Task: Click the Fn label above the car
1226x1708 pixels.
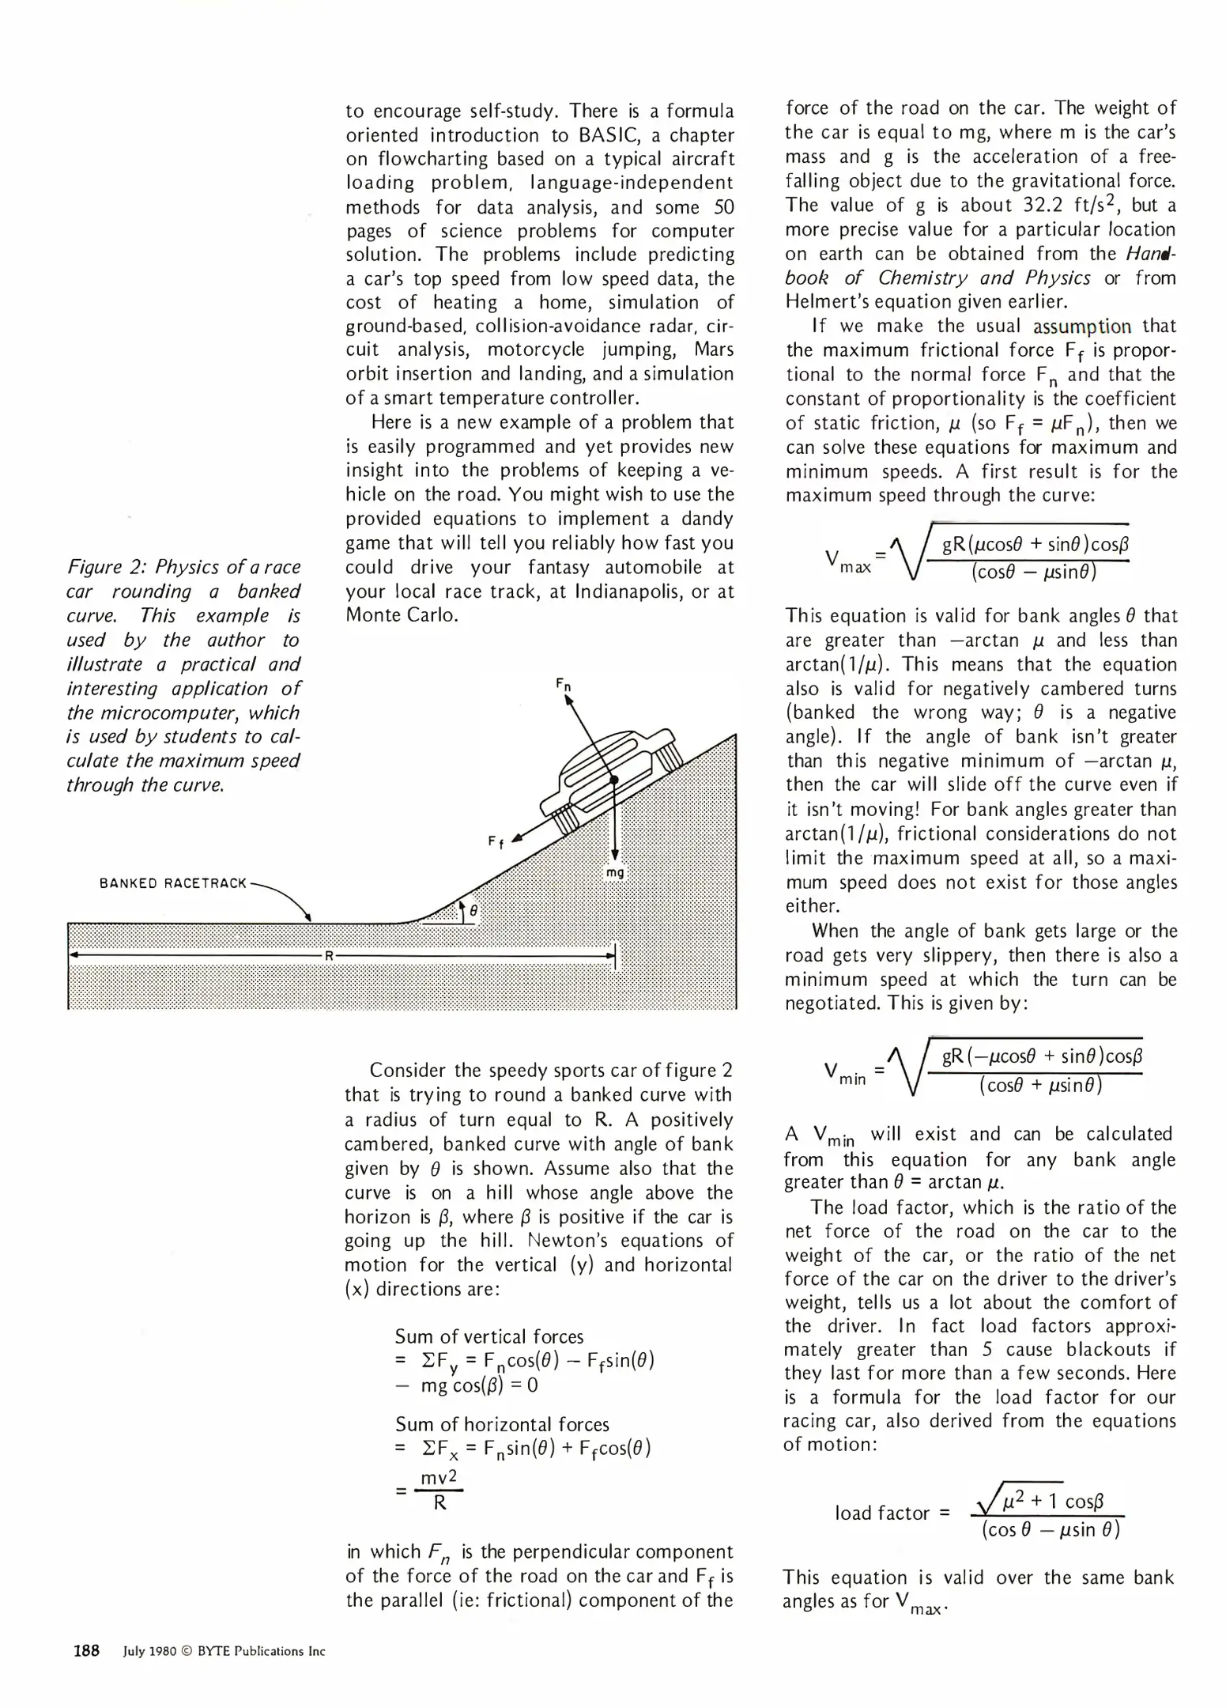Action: (563, 684)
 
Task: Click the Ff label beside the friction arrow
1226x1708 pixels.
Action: (496, 843)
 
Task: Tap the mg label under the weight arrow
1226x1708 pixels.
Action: (614, 872)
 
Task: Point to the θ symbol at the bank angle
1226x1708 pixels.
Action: (473, 911)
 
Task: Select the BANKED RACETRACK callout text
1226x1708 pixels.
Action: (173, 883)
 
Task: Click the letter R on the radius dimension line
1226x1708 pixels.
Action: (330, 955)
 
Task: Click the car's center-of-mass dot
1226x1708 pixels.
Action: (613, 780)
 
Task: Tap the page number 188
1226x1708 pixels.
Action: (86, 1651)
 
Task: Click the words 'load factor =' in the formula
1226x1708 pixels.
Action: (892, 1513)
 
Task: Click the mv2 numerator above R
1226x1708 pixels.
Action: (439, 1478)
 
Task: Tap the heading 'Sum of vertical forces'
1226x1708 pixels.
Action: (489, 1336)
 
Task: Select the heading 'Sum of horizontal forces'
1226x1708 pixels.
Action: (502, 1424)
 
